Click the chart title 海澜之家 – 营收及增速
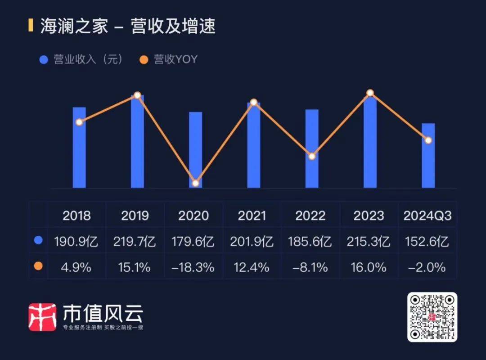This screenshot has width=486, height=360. coord(128,27)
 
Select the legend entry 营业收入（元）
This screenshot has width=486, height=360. coord(81,59)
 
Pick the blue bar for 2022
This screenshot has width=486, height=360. coord(312,148)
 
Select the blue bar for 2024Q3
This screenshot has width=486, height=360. coord(428,155)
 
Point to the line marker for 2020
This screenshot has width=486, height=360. coord(195,183)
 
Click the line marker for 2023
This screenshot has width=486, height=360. coord(370,93)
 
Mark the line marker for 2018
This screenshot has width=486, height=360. coord(79,122)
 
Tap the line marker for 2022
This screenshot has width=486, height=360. coord(312,156)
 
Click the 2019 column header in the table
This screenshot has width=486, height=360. coord(135,216)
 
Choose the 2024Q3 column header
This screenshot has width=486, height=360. coord(427,216)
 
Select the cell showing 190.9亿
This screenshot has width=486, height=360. coord(77,242)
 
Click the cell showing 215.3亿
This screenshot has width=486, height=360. coord(369,242)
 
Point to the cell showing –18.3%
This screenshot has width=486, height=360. coord(193,267)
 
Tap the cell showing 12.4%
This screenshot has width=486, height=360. coord(252,267)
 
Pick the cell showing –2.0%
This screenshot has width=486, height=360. coord(427,267)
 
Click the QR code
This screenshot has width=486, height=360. coord(432,317)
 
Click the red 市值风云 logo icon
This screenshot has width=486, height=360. coord(42,317)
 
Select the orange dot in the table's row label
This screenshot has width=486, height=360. coord(38,267)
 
